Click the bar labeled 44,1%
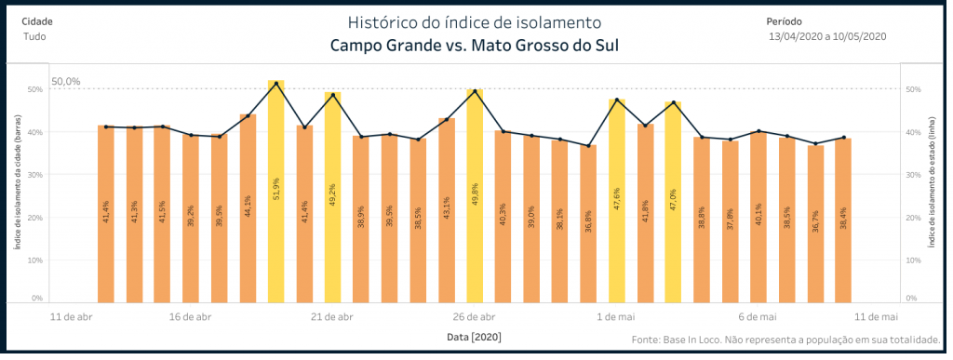pos(248,208)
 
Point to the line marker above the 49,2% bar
pos(333,95)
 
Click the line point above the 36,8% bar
pos(588,146)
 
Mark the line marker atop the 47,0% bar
pos(673,102)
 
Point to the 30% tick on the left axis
pos(34,175)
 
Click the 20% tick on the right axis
pos(912,218)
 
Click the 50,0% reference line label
pos(66,82)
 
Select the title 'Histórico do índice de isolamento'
pos(474,21)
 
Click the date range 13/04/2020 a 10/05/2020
pos(826,36)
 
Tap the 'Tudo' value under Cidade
pos(34,36)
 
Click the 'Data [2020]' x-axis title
pos(476,337)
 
